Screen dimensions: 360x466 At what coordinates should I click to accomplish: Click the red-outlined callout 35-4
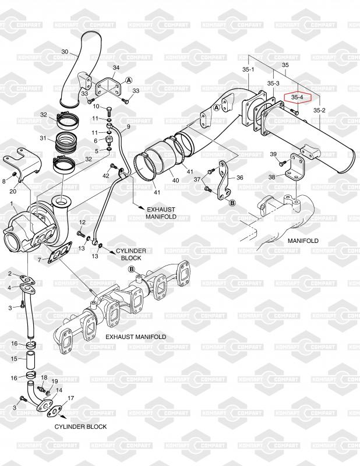(x=298, y=97)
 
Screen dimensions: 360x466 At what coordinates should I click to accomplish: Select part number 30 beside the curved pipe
(x=65, y=52)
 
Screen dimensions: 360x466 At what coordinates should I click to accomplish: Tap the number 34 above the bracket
(x=116, y=68)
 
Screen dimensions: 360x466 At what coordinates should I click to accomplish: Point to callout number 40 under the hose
(x=176, y=180)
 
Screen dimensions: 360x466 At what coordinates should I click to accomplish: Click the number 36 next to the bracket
(x=239, y=178)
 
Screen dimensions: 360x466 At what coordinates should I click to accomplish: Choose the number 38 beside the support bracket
(x=271, y=177)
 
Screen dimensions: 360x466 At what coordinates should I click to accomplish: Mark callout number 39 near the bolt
(x=273, y=154)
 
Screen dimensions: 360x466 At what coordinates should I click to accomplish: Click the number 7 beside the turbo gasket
(x=39, y=260)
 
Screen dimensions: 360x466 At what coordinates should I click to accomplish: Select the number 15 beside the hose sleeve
(x=14, y=359)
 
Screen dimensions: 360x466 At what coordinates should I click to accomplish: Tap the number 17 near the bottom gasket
(x=70, y=398)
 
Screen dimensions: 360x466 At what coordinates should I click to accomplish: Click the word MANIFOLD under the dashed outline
(x=303, y=241)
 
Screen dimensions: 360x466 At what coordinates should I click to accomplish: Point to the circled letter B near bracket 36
(x=232, y=203)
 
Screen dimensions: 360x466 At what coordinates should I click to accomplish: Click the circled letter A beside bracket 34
(x=128, y=80)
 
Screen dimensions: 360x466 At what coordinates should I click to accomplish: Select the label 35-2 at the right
(x=319, y=110)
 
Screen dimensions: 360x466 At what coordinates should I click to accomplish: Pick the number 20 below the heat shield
(x=13, y=192)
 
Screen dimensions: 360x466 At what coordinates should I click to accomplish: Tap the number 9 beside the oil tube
(x=128, y=127)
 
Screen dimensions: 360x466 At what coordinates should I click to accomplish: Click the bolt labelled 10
(x=108, y=111)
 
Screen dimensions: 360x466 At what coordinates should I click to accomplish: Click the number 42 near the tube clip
(x=106, y=176)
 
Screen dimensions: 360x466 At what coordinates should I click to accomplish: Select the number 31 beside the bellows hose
(x=44, y=138)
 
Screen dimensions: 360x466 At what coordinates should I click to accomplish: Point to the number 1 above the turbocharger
(x=12, y=203)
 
